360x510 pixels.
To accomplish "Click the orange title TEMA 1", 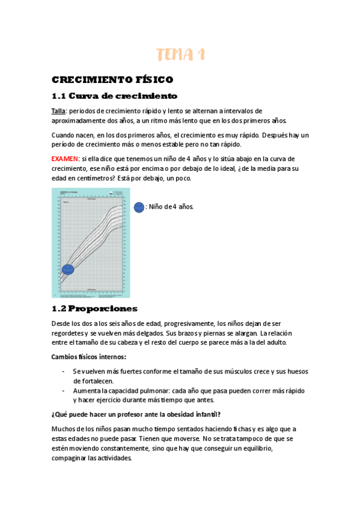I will (180, 55).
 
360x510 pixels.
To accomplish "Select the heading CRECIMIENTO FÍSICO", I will (112, 79).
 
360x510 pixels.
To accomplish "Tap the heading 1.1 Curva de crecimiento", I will (114, 96).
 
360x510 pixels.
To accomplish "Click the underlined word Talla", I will (58, 111).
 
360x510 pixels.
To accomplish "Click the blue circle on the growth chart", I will (67, 269).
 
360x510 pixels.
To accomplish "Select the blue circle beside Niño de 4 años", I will (139, 207).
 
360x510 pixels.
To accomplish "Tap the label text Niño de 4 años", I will (170, 207).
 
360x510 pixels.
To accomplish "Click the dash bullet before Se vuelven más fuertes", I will (64, 372).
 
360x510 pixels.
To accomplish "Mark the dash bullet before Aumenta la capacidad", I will (64, 390).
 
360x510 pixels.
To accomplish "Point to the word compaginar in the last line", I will (71, 458).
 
